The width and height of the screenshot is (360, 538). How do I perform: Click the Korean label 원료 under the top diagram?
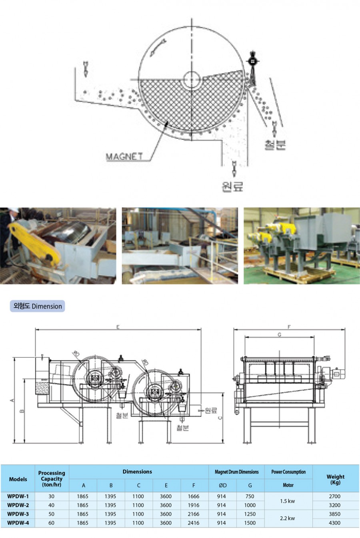[x=232, y=185]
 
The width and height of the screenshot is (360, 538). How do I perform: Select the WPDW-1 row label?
[x=18, y=496]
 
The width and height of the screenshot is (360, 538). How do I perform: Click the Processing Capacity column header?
[x=52, y=478]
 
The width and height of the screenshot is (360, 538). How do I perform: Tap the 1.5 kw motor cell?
[x=288, y=501]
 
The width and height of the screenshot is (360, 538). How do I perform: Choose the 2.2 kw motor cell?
[x=288, y=518]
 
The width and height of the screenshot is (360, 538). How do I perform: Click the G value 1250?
[x=250, y=514]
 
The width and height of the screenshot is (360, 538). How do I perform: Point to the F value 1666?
[x=194, y=496]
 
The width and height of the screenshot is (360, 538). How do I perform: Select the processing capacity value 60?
[x=52, y=523]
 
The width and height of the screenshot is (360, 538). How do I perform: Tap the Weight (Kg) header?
[x=335, y=479]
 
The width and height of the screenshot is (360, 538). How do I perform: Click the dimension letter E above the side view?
[x=118, y=327]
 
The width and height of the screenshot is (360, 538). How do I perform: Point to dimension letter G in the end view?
[x=279, y=334]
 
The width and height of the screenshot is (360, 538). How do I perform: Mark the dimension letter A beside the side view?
[x=12, y=400]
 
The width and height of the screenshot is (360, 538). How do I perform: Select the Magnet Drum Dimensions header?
[x=237, y=472]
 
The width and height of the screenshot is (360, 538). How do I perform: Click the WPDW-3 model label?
[x=18, y=514]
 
